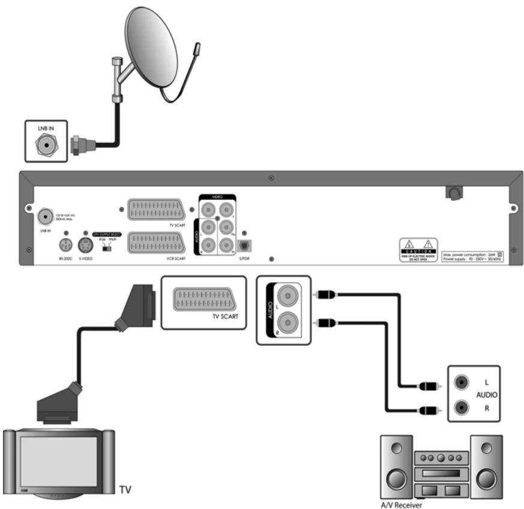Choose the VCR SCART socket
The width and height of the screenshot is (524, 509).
[157, 245]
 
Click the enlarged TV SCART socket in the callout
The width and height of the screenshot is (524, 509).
[204, 299]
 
